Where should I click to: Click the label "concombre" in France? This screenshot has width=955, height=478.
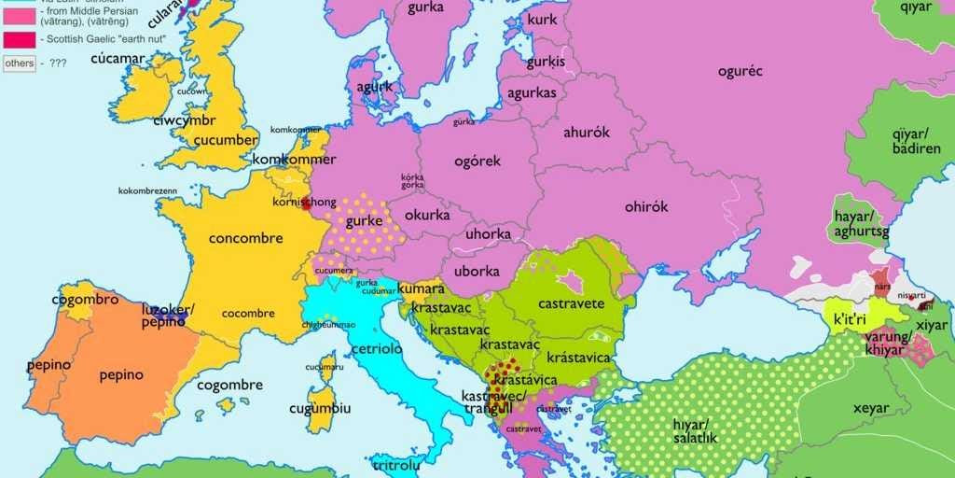pyautogui.click(x=245, y=238)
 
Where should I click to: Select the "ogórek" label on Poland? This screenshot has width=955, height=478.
pyautogui.click(x=477, y=161)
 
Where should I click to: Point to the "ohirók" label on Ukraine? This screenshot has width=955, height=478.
pyautogui.click(x=645, y=207)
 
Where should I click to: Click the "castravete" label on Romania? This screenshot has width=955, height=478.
pyautogui.click(x=572, y=303)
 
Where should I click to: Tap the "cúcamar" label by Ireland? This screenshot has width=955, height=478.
pyautogui.click(x=118, y=59)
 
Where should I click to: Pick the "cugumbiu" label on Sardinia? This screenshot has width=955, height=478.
pyautogui.click(x=320, y=408)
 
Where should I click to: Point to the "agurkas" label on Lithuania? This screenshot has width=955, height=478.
pyautogui.click(x=532, y=92)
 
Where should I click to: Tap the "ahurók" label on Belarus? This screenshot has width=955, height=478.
pyautogui.click(x=586, y=132)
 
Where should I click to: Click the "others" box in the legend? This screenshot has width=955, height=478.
pyautogui.click(x=20, y=63)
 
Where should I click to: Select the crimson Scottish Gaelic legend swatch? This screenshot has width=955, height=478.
pyautogui.click(x=20, y=39)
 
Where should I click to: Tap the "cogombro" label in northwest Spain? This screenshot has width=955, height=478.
pyautogui.click(x=85, y=300)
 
